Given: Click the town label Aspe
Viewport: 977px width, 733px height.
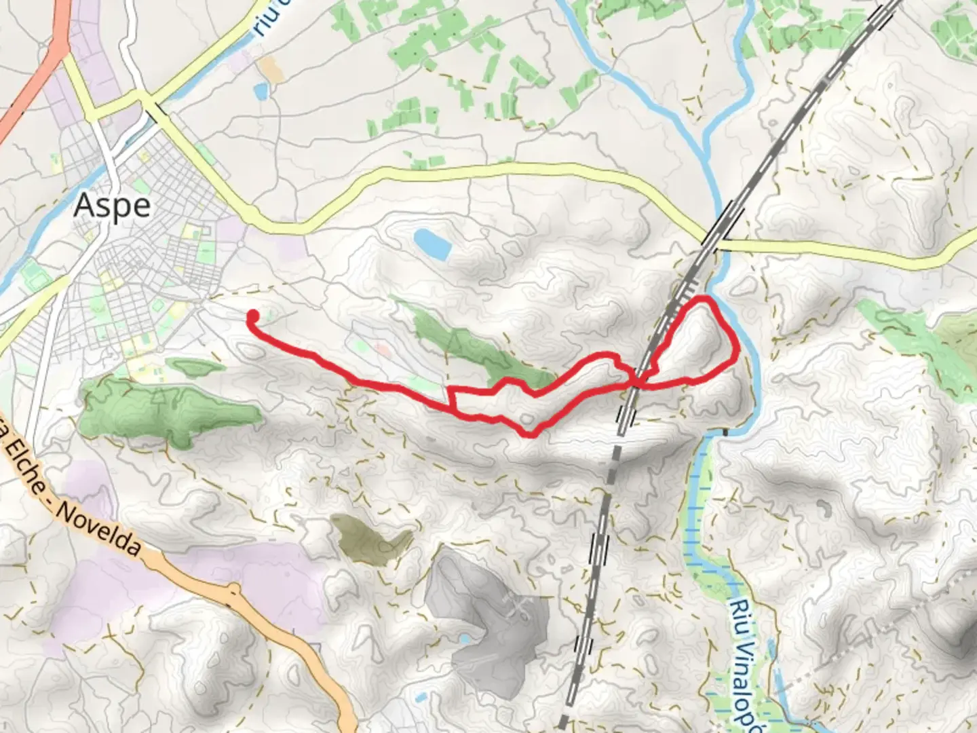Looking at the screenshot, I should [112, 205].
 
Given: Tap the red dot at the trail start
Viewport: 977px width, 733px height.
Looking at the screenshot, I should [252, 316].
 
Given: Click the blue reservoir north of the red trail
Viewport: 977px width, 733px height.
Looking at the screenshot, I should [432, 244].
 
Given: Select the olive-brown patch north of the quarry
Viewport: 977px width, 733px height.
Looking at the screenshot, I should [370, 539].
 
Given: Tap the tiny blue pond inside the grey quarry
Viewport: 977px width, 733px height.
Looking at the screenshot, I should [463, 639].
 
